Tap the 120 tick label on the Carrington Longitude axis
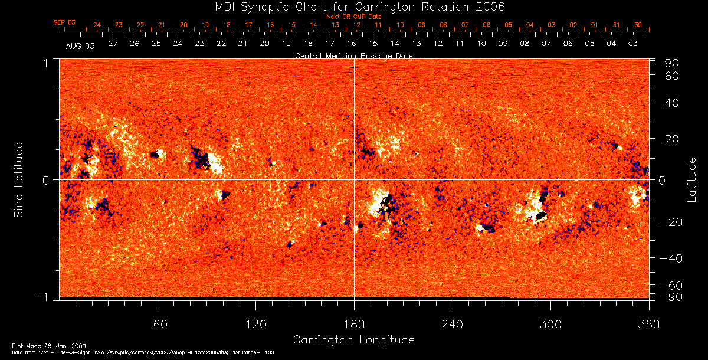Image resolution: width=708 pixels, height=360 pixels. [255, 324]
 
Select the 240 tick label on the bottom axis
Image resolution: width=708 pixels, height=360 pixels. [453, 324]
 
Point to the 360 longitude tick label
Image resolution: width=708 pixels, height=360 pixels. [648, 324]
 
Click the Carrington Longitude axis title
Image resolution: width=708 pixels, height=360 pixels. [353, 340]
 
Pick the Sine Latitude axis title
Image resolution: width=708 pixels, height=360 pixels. [19, 179]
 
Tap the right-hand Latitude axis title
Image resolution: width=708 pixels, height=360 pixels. [691, 179]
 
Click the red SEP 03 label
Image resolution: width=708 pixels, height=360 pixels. [64, 22]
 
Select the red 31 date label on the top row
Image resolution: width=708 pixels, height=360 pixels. [616, 25]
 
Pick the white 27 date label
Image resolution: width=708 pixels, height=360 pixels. [113, 44]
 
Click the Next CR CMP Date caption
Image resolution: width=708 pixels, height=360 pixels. [353, 17]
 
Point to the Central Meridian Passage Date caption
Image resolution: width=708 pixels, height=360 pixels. [353, 55]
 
